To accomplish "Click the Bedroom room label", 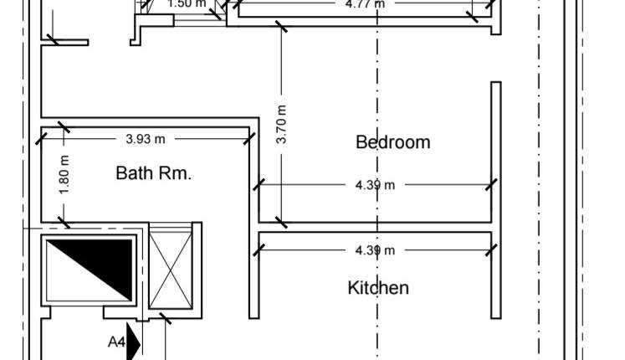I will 392,142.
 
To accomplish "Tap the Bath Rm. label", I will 154,174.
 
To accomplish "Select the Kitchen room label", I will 378,288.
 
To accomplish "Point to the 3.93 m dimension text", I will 146,139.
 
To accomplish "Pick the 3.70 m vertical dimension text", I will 282,124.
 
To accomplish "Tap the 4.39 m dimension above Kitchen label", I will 375,249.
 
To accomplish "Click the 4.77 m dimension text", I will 366,3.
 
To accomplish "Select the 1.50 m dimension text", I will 187,3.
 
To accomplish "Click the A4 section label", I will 116,342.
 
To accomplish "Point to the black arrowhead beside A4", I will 133,343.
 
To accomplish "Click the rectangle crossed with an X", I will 170,269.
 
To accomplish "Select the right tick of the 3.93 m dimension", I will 248,139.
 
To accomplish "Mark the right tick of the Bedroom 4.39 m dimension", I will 491,185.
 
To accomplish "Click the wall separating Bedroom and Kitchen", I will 375,227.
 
